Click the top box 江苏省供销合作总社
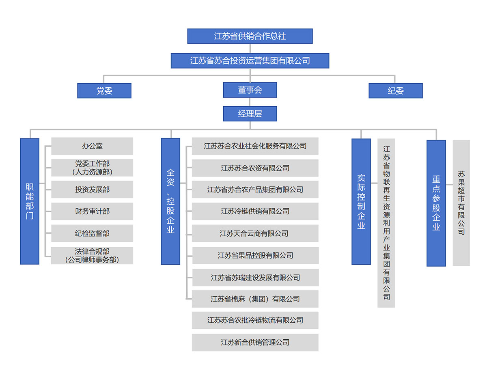pos(250,36)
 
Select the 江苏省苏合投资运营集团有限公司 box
pos(250,60)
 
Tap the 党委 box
pos(104,91)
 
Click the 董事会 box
pos(250,90)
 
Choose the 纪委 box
pos(395,91)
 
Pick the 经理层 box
pos(250,114)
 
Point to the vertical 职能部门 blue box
pos(30,201)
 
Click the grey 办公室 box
pos(92,146)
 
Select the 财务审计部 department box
pos(92,211)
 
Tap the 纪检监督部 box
pos(92,233)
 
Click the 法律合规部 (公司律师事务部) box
pos(92,255)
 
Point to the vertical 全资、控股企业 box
pos(170,201)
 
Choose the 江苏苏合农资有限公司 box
pos(255,168)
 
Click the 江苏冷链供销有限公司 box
pos(255,211)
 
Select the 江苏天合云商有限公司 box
pos(255,233)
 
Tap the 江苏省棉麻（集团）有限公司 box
pos(255,299)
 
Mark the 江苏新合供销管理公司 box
pos(255,342)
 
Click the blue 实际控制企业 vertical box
pos(361,201)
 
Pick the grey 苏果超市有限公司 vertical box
pos(461,203)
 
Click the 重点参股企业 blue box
pos(436,203)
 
